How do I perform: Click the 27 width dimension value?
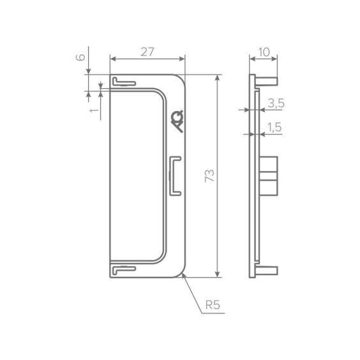click(x=147, y=52)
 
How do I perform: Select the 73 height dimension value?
click(x=209, y=176)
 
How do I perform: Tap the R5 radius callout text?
click(x=213, y=305)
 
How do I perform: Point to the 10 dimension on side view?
click(x=264, y=52)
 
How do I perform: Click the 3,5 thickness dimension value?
click(x=276, y=103)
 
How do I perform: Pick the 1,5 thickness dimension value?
click(x=274, y=127)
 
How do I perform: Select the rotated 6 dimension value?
click(x=80, y=57)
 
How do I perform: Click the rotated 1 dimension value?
click(x=94, y=110)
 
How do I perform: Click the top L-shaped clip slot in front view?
click(x=124, y=82)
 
